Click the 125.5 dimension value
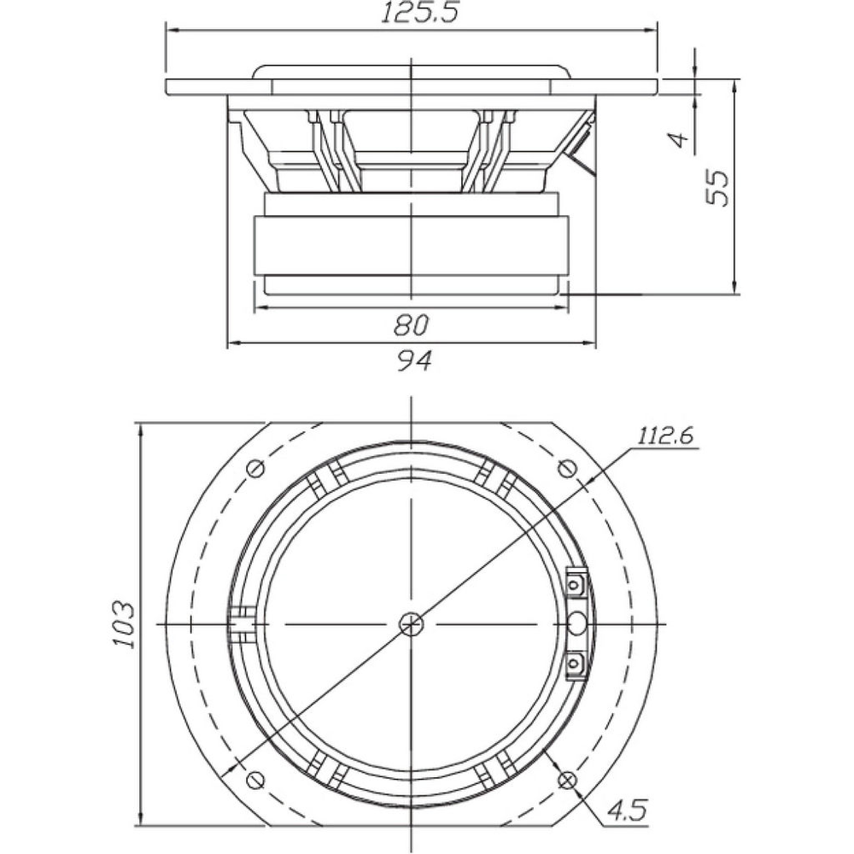point(419,13)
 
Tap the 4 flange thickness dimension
point(679,139)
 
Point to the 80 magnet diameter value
point(412,325)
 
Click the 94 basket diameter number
point(413,360)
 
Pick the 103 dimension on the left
point(124,624)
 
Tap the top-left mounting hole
point(255,468)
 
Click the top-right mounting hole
point(568,467)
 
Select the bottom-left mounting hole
point(255,780)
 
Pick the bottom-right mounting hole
point(568,780)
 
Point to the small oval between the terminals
point(576,623)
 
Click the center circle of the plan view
point(411,623)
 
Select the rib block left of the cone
point(243,624)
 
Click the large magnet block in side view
point(412,244)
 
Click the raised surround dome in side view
point(412,72)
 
